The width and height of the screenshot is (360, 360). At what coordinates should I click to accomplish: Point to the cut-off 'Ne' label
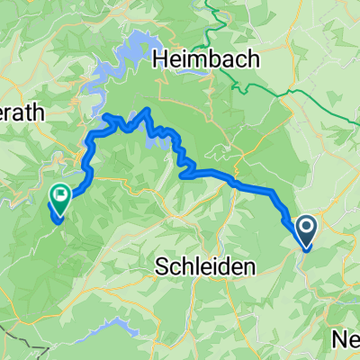346,338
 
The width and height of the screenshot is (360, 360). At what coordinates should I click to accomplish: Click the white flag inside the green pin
60,193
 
